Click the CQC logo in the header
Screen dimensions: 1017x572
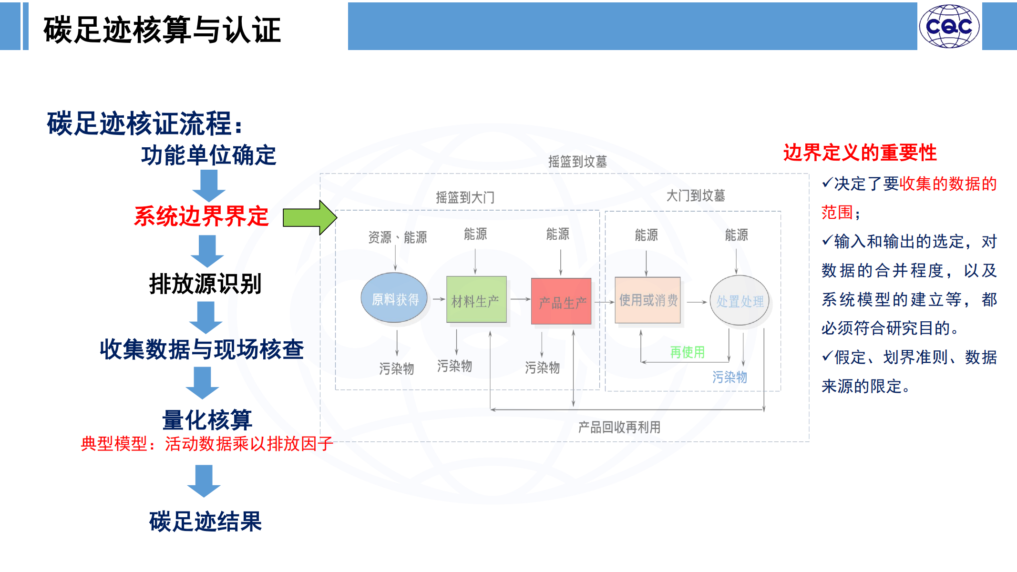point(949,26)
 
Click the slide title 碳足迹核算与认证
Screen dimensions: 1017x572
point(162,30)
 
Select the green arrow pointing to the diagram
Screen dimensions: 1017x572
point(310,217)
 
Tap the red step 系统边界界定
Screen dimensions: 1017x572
point(201,216)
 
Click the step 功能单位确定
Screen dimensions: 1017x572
point(208,155)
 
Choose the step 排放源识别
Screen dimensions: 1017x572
point(205,284)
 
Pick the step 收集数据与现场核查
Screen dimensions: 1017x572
point(202,349)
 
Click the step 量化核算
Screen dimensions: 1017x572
point(207,420)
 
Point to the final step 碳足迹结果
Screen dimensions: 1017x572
point(205,521)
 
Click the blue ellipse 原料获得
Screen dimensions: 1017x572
point(394,298)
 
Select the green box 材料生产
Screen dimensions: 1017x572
point(476,299)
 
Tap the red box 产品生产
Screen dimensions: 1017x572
point(561,301)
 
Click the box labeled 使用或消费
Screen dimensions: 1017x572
point(647,300)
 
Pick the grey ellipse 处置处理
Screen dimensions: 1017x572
point(740,300)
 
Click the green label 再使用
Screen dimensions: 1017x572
point(687,352)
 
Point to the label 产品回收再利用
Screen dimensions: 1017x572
point(619,427)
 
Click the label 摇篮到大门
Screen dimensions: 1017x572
point(465,197)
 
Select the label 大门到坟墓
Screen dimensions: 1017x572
point(696,195)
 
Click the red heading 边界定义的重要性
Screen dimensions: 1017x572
point(860,153)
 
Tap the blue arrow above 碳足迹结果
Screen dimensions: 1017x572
point(204,481)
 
